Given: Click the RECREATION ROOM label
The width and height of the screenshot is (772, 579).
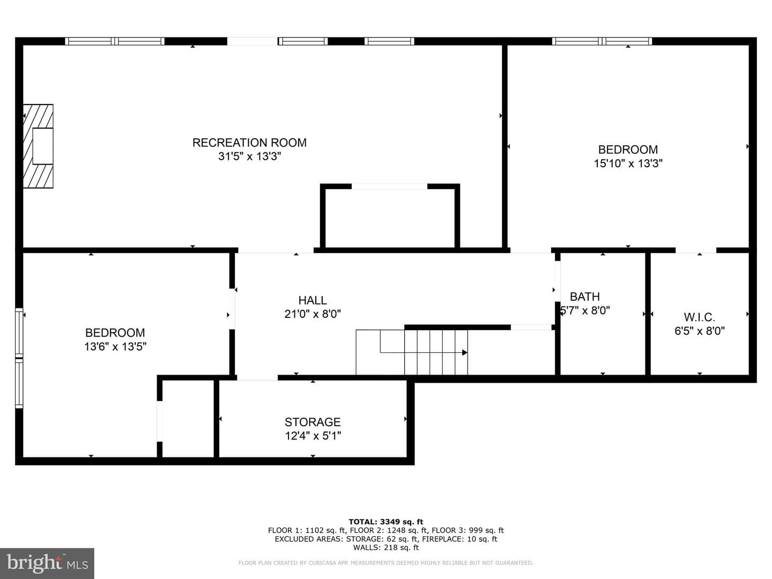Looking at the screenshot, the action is click(x=249, y=143).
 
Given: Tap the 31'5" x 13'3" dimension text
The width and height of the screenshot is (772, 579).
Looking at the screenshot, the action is click(x=249, y=156).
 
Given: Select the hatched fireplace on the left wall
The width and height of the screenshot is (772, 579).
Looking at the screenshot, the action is click(x=38, y=146).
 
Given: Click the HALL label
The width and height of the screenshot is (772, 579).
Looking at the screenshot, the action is click(x=313, y=300).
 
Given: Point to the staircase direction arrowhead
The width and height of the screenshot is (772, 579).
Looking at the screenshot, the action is click(x=465, y=352).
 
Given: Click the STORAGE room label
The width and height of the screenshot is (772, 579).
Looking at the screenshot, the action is click(x=313, y=422).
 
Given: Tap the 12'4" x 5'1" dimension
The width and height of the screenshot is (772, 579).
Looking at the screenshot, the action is click(x=313, y=436).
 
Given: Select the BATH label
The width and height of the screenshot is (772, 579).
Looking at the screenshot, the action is click(x=584, y=296).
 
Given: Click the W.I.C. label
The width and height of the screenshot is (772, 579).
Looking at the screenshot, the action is click(x=699, y=317).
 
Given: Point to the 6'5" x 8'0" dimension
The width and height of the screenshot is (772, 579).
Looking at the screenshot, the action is click(x=699, y=331).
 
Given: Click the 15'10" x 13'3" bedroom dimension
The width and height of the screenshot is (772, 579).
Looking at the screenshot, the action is click(x=628, y=164).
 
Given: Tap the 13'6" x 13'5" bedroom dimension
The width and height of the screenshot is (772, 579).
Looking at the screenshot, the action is click(x=115, y=347).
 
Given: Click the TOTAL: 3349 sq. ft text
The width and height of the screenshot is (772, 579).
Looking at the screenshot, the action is click(x=386, y=522).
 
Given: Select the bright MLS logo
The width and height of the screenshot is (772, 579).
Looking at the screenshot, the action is click(x=47, y=563).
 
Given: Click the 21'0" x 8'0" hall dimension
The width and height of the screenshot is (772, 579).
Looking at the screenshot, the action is click(x=313, y=314).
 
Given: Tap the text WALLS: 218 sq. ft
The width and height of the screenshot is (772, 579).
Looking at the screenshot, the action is click(x=386, y=547).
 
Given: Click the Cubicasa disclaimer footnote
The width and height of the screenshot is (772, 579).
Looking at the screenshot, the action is click(x=386, y=563).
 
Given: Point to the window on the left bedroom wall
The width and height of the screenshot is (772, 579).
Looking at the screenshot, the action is click(x=19, y=358).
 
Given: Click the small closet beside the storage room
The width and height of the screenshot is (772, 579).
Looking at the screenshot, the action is click(x=188, y=418).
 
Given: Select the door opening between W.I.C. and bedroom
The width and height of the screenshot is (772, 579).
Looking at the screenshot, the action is click(x=696, y=250).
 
